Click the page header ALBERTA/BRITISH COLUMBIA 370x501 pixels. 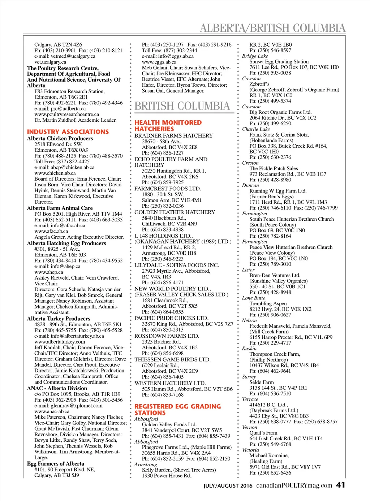click(x=272, y=28)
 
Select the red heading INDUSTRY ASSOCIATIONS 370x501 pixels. click(x=68, y=132)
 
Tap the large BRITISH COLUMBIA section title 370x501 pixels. click(x=182, y=106)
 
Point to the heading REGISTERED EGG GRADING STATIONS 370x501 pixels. click(x=177, y=410)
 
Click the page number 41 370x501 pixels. click(x=340, y=485)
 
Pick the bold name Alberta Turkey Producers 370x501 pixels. click(x=59, y=319)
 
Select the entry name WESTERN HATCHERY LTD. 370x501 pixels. click(x=170, y=383)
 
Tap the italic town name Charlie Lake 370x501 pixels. click(x=256, y=129)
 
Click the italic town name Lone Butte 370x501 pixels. click(x=254, y=298)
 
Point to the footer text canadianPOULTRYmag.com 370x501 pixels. click(x=294, y=485)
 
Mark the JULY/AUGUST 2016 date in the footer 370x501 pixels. click(x=228, y=486)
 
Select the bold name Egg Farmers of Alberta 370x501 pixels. click(x=56, y=463)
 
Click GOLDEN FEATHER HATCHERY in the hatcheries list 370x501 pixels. click(x=175, y=212)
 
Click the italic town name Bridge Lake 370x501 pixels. click(x=255, y=56)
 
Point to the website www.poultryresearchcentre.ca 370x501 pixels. click(x=66, y=114)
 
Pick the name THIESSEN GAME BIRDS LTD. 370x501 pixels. click(x=172, y=359)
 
